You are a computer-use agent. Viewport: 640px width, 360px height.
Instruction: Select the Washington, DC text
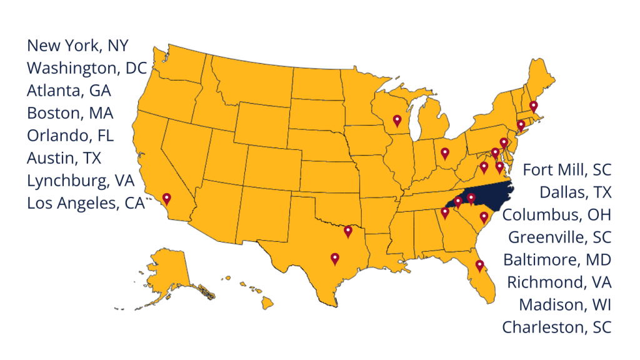coord(86,68)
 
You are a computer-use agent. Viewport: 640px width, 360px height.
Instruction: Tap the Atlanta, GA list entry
coord(69,91)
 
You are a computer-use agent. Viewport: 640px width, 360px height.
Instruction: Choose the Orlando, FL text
coord(70,136)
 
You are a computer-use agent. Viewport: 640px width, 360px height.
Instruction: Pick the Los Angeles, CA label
coord(86,203)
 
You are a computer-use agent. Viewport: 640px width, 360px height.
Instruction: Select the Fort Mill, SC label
coord(567,169)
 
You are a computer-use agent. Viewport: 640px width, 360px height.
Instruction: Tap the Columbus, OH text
coord(557,214)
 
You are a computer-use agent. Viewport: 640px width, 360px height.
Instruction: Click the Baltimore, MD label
coord(557,259)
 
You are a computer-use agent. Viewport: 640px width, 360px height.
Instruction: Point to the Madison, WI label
coord(565,304)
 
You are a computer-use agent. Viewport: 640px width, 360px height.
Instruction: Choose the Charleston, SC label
coord(557,327)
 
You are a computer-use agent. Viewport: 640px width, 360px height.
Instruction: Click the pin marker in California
coord(167,199)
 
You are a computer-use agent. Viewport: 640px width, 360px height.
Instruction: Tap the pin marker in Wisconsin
coord(397,120)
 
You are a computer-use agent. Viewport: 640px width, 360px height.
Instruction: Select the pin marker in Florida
coord(479,265)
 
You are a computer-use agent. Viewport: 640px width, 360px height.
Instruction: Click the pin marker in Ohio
coord(445,152)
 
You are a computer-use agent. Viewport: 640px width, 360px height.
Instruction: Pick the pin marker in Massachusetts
coord(533,106)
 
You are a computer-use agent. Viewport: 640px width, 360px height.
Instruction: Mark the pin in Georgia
coord(445,212)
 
